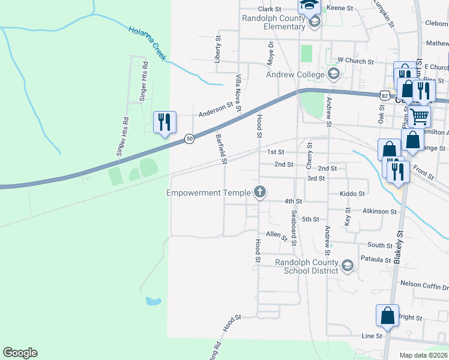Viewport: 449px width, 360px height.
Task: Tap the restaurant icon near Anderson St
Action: click(164, 122)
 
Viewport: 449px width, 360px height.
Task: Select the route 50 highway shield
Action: click(189, 139)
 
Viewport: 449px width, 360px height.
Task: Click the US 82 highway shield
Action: click(385, 95)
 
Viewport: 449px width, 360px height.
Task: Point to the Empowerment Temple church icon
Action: click(259, 193)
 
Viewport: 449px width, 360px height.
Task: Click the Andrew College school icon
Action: click(334, 75)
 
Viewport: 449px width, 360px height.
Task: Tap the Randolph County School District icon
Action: click(347, 266)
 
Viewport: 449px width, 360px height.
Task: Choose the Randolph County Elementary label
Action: click(274, 22)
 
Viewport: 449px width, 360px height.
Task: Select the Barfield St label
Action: click(221, 149)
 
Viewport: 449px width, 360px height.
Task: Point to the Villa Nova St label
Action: click(238, 93)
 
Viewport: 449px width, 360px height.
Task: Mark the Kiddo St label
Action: click(352, 194)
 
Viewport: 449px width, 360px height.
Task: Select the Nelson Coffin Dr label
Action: click(424, 284)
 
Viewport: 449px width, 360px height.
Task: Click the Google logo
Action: click(20, 353)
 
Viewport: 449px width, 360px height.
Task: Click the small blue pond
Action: click(153, 301)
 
